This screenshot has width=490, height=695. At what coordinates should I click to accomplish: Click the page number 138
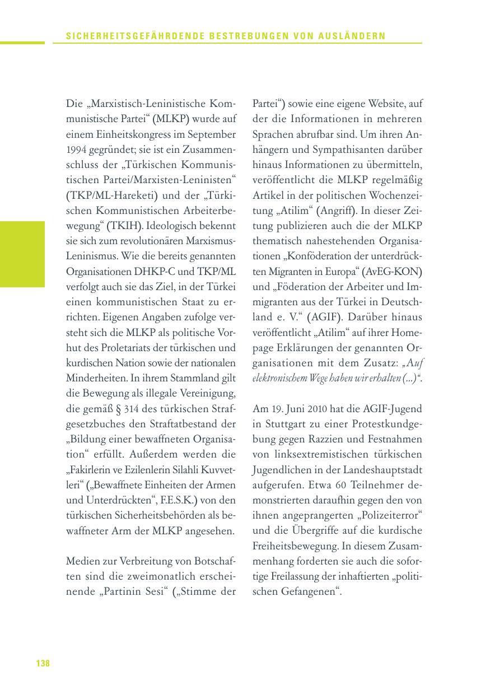click(43, 664)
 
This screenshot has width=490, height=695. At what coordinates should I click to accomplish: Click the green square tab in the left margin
click(22, 254)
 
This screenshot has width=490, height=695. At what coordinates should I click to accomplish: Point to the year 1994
click(76, 150)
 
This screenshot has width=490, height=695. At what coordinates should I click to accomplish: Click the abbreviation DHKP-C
click(160, 272)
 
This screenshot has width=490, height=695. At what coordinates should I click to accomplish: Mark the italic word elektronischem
click(278, 379)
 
